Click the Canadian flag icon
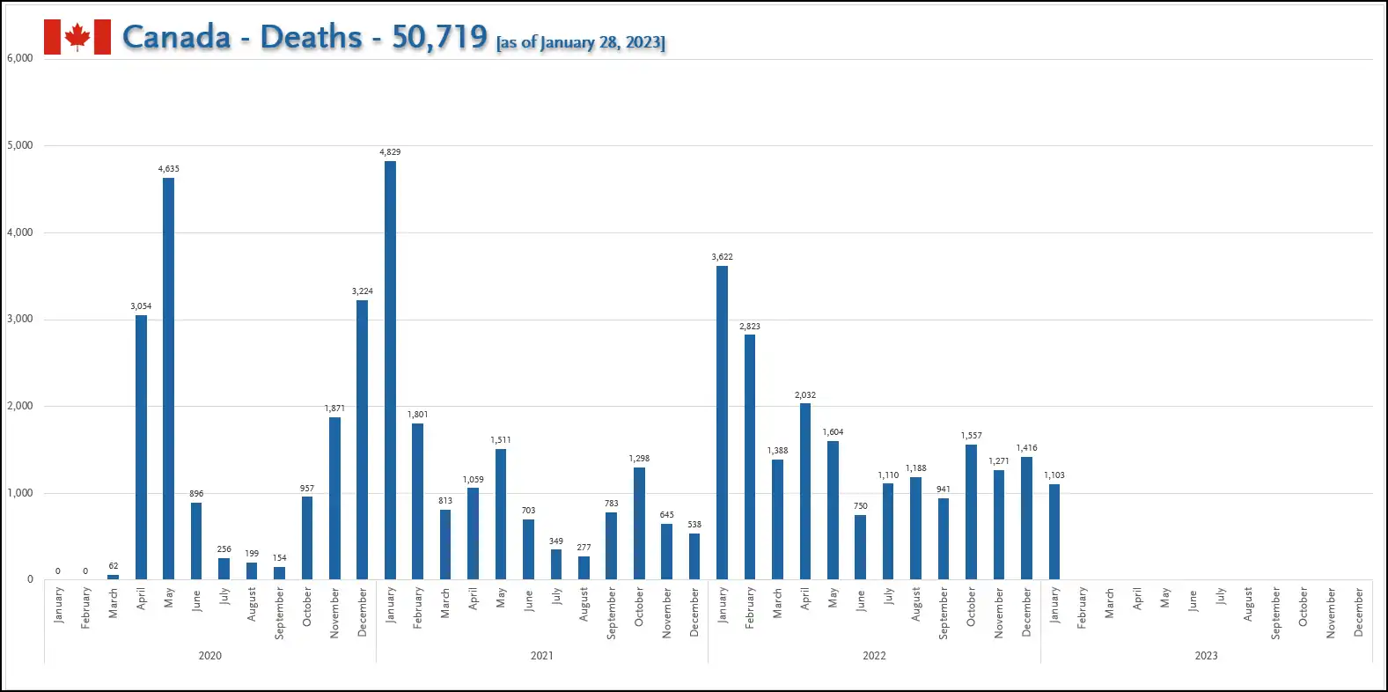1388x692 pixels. pos(77,37)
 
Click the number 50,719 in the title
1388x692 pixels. pos(440,37)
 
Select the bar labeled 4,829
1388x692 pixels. pos(391,370)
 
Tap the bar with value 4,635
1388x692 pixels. pos(168,379)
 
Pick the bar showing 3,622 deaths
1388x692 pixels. pos(722,423)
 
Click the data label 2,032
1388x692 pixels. pos(805,395)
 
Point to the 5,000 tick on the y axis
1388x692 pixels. pos(20,145)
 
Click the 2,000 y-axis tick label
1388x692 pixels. pos(20,406)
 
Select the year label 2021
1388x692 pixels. pos(541,655)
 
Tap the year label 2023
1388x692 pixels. pos(1206,655)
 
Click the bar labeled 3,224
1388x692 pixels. pos(363,440)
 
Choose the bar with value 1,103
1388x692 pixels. pos(1054,532)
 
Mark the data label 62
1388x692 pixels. pos(113,565)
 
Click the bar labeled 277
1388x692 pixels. pos(584,568)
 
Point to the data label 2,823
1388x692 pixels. pos(750,326)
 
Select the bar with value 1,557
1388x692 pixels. pos(971,512)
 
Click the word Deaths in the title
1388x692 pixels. pos(311,37)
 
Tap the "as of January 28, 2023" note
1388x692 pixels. pos(581,42)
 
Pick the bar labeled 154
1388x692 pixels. pos(280,573)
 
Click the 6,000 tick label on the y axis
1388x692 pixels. pos(20,58)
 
